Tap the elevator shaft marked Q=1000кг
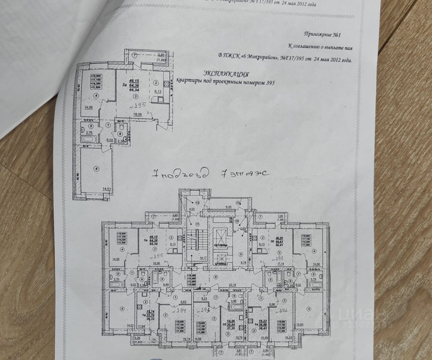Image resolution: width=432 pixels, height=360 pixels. click(x=218, y=236)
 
